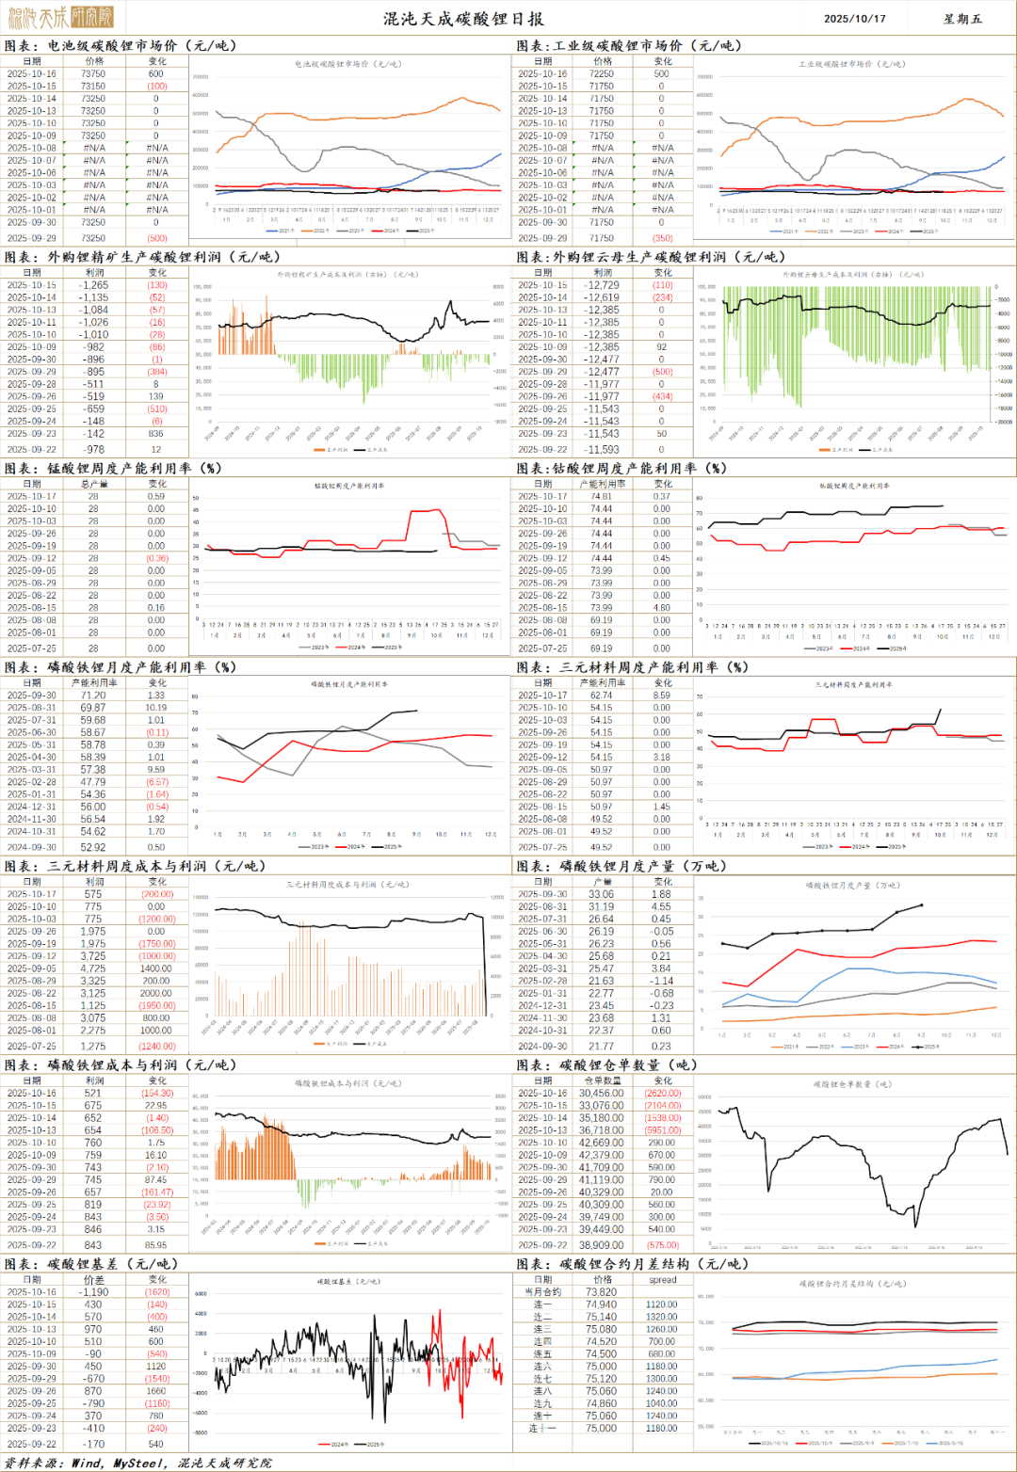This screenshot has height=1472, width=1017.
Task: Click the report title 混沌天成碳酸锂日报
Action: click(x=463, y=19)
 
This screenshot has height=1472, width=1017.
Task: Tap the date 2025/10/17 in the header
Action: click(x=854, y=19)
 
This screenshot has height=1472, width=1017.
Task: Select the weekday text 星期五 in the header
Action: click(x=962, y=19)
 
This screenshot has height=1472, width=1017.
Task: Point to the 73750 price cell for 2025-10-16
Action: click(x=93, y=73)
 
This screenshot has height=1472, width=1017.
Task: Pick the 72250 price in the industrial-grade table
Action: click(x=602, y=73)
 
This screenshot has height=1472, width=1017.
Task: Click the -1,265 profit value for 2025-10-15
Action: click(x=93, y=285)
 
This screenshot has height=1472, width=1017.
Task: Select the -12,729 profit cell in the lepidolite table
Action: click(x=602, y=285)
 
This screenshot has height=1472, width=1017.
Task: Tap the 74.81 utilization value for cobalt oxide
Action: click(x=602, y=496)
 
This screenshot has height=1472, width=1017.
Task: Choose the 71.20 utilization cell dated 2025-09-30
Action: click(x=93, y=696)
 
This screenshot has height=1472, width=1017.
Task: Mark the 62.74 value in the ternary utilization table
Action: click(x=602, y=696)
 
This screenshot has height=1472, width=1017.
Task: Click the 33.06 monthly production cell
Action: click(x=602, y=894)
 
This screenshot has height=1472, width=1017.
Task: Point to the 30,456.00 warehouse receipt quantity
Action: click(x=602, y=1094)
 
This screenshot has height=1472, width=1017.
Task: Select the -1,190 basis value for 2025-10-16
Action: click(x=93, y=1292)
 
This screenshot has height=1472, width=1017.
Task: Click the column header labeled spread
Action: click(x=662, y=1280)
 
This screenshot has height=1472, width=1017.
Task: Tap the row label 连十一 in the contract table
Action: click(x=542, y=1429)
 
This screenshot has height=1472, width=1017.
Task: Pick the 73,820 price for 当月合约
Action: click(x=602, y=1292)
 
